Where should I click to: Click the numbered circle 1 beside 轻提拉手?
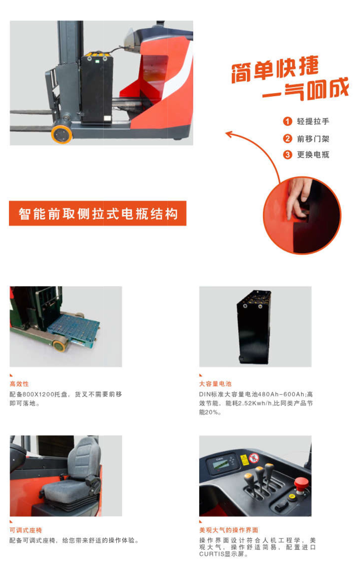pyautogui.click(x=288, y=121)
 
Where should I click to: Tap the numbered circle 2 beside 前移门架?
pyautogui.click(x=288, y=139)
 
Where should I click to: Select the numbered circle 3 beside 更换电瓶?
pyautogui.click(x=288, y=154)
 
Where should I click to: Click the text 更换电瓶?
pyautogui.click(x=313, y=155)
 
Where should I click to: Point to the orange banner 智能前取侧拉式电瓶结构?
pyautogui.click(x=98, y=213)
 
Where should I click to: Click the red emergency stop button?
pyautogui.click(x=301, y=483)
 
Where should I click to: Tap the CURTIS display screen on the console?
pyautogui.click(x=220, y=464)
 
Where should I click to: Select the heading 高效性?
pyautogui.click(x=19, y=384)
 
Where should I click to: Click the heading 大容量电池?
pyautogui.click(x=215, y=384)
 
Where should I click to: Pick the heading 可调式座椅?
pyautogui.click(x=26, y=530)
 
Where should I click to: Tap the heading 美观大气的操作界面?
pyautogui.click(x=228, y=530)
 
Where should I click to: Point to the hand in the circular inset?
pyautogui.click(x=298, y=198)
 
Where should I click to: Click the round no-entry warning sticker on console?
pyautogui.click(x=254, y=458)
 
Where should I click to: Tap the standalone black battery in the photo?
pyautogui.click(x=254, y=327)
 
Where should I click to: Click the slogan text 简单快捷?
pyautogui.click(x=275, y=69)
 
